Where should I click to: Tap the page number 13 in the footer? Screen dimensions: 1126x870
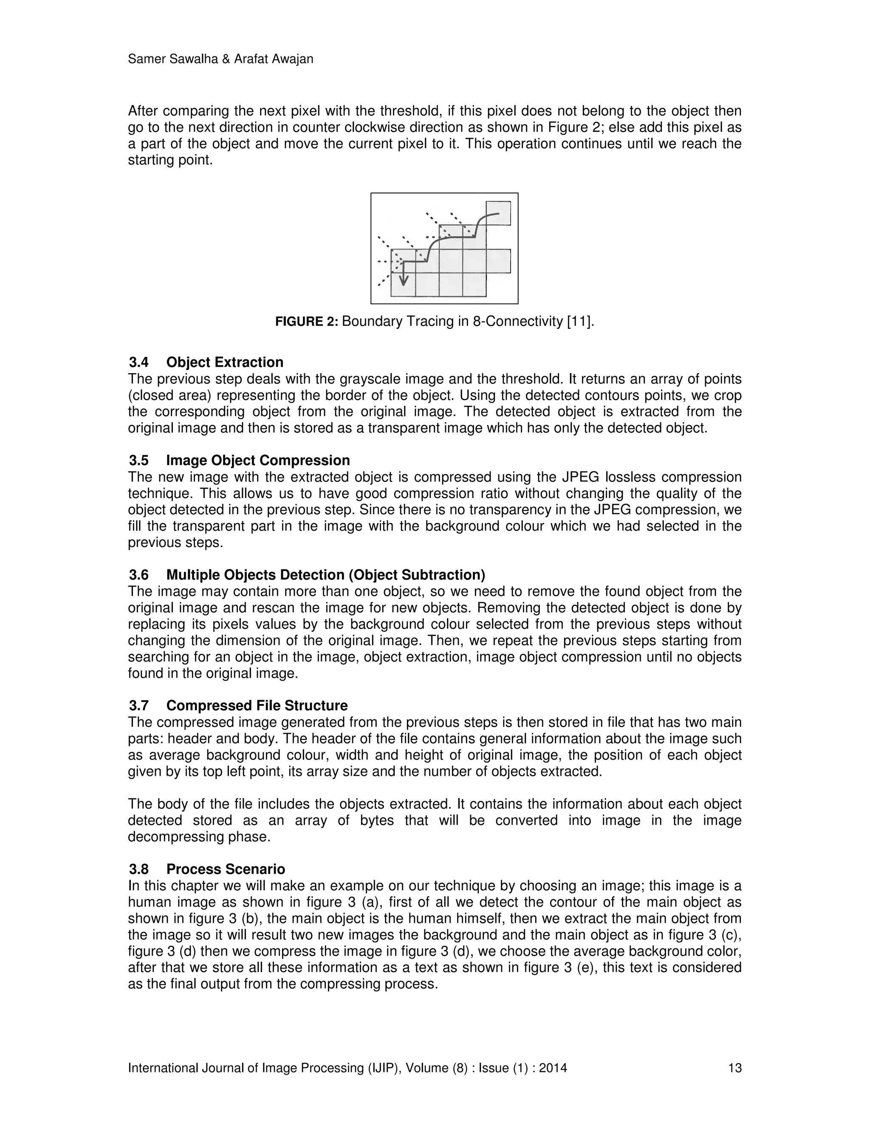(734, 1068)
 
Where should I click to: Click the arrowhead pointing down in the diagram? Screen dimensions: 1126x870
(404, 280)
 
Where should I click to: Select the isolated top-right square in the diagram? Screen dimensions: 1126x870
(498, 213)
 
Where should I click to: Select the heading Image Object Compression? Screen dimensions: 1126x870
(258, 461)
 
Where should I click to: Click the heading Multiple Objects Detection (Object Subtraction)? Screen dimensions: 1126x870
(325, 575)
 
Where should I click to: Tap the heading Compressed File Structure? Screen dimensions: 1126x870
(257, 705)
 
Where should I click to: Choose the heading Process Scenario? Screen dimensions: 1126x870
(225, 869)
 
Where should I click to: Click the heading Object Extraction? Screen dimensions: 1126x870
(224, 362)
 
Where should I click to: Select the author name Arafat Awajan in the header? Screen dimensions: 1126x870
(273, 59)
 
